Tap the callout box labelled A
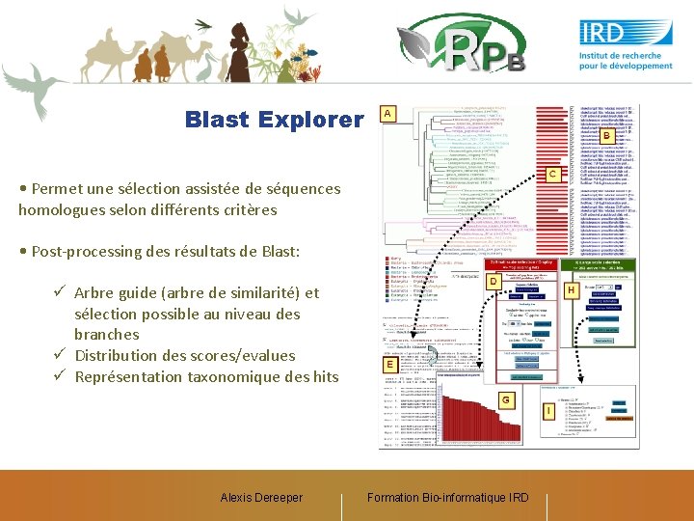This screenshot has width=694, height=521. point(387,114)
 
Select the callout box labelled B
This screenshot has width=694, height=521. point(607,137)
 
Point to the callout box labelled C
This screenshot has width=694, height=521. point(554,174)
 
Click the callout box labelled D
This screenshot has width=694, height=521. point(492,282)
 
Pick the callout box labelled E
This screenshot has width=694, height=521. point(389,366)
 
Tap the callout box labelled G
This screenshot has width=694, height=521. point(504,399)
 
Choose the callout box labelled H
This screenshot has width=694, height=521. point(572,289)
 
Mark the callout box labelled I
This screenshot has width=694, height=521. point(548,411)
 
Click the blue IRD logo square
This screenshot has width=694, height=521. point(626,32)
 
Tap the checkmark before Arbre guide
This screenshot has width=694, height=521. point(60,292)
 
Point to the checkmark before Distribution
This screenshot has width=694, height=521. point(60,355)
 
